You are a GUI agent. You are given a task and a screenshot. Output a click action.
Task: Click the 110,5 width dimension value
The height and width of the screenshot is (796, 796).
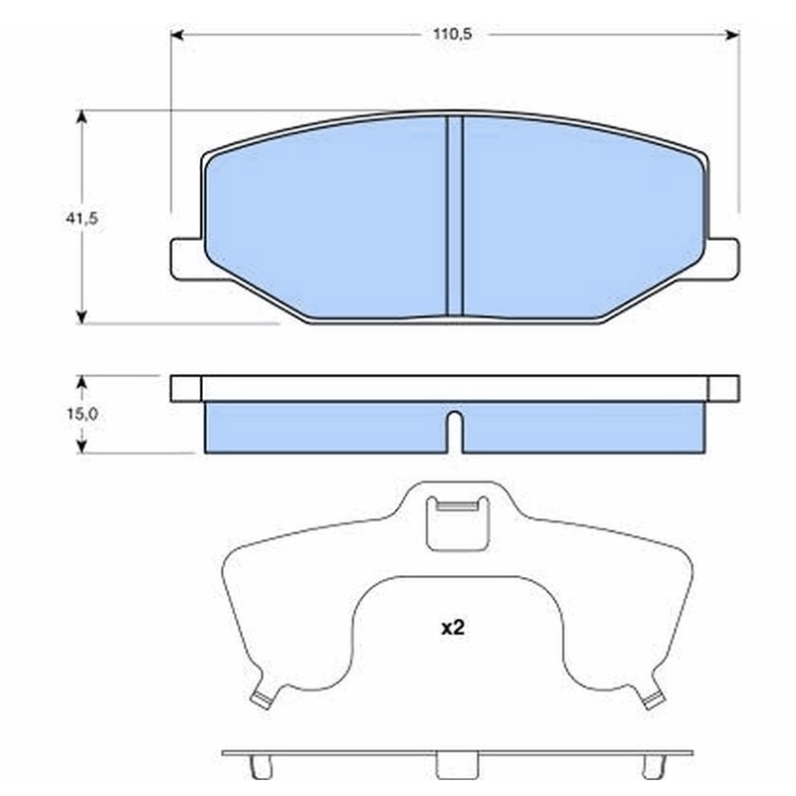tap(452, 34)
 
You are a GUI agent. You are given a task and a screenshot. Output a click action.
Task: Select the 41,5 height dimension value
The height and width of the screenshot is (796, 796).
tap(82, 218)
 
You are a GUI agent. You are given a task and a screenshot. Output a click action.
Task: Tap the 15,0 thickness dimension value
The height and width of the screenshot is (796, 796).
tap(83, 414)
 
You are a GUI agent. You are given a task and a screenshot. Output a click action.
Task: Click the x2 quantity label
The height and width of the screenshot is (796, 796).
tap(453, 629)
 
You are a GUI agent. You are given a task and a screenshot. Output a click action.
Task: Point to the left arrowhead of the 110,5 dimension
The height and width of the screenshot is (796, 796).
tap(177, 35)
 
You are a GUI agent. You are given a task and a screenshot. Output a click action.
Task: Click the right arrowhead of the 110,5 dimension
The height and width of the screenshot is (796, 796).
tap(732, 35)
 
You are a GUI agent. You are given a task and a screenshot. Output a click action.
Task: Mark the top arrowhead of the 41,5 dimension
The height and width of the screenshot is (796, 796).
tap(82, 116)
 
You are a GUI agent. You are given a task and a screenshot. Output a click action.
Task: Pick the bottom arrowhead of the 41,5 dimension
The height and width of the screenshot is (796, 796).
tap(82, 317)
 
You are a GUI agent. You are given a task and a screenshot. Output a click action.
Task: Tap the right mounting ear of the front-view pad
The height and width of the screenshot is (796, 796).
tap(723, 259)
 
